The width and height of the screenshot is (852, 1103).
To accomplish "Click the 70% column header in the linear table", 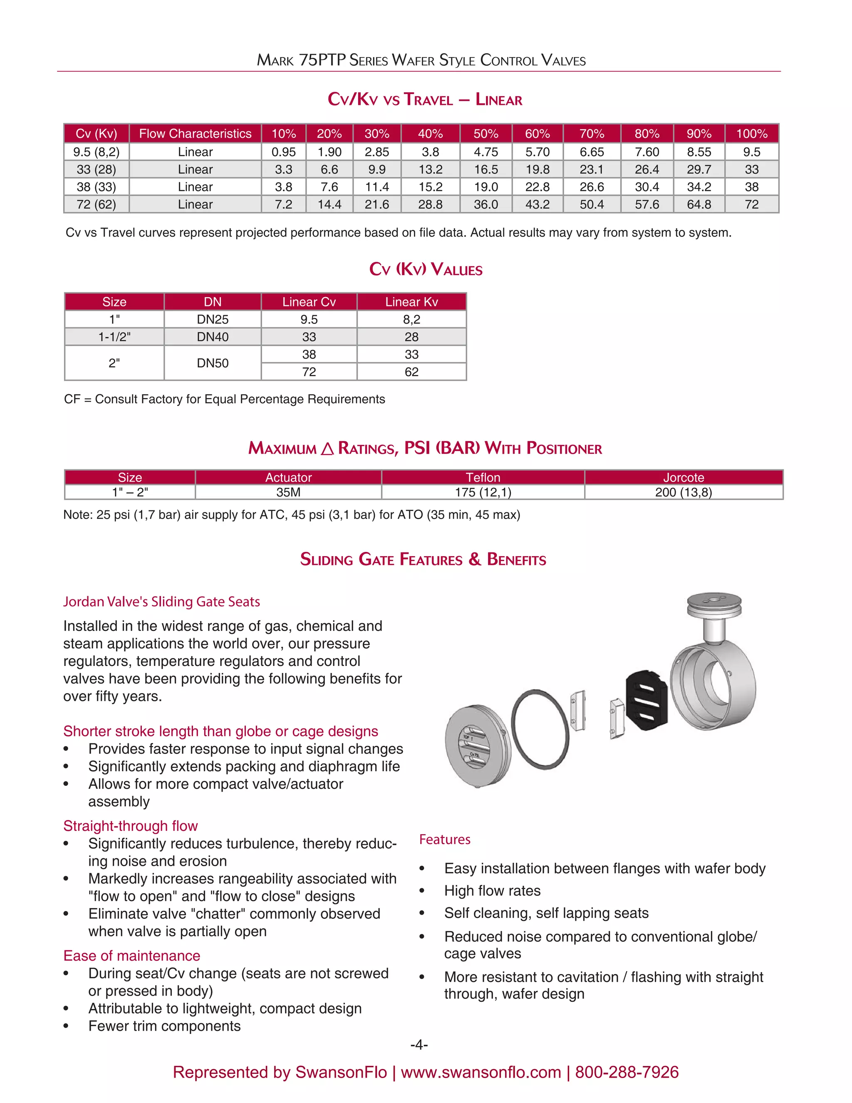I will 592,134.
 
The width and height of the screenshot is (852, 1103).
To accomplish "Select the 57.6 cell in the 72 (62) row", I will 646,204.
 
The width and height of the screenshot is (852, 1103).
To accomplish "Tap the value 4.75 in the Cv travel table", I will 485,152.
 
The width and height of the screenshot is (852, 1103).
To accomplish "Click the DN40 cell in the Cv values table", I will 213,337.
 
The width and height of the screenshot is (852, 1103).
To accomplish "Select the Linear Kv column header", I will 411,302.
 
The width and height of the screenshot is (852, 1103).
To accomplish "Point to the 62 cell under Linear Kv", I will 411,372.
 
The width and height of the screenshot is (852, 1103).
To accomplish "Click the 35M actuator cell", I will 288,492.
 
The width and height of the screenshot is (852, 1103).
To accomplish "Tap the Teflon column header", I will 483,477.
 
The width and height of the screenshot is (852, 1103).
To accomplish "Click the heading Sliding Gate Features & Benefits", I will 423,559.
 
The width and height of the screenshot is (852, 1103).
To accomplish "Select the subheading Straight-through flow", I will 130,826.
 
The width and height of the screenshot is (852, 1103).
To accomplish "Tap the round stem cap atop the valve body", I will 714,604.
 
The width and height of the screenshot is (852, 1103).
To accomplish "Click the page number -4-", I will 419,1045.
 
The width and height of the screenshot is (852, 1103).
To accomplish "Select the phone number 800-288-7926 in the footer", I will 627,1072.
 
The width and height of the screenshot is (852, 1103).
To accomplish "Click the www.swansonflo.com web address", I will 480,1072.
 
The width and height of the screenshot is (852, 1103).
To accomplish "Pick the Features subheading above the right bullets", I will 445,840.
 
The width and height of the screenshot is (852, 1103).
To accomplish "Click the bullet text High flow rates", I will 492,891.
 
